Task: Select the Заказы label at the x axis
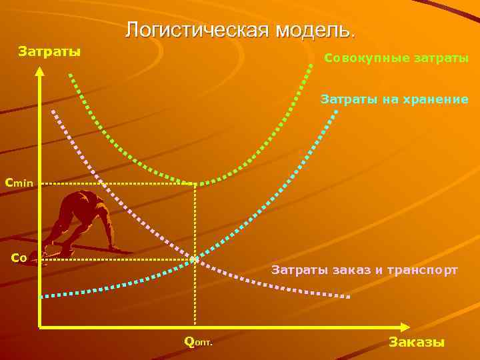coord(416,342)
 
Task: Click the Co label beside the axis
coord(19,258)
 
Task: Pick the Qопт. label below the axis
coord(198,342)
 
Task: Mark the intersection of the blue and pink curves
coord(194,259)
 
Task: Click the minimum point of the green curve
coord(194,182)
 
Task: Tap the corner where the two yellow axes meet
coord(41,327)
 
